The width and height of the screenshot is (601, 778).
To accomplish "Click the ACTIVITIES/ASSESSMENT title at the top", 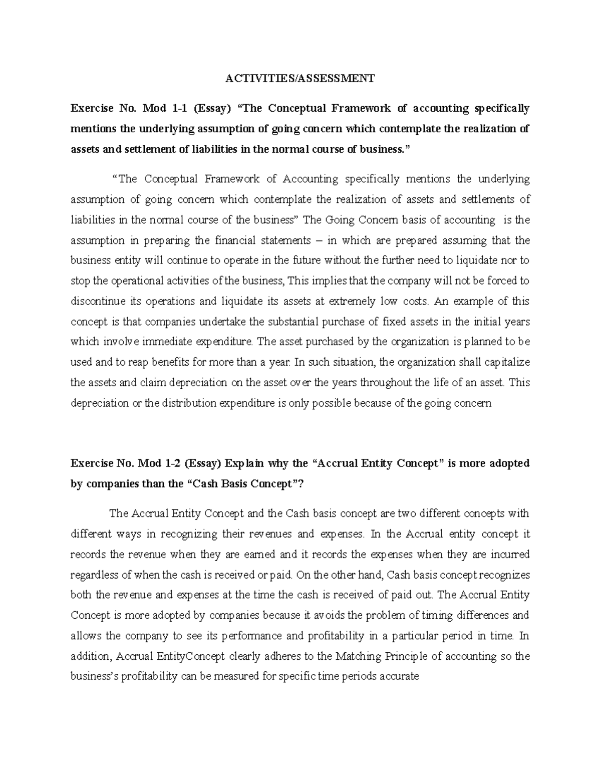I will coord(299,78).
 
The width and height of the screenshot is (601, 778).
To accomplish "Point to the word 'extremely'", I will coord(356,301).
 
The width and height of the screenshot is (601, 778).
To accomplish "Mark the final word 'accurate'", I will coord(399,676).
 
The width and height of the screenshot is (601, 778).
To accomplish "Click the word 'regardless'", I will coord(94,575).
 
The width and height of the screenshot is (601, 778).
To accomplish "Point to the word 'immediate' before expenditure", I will coord(173,342).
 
